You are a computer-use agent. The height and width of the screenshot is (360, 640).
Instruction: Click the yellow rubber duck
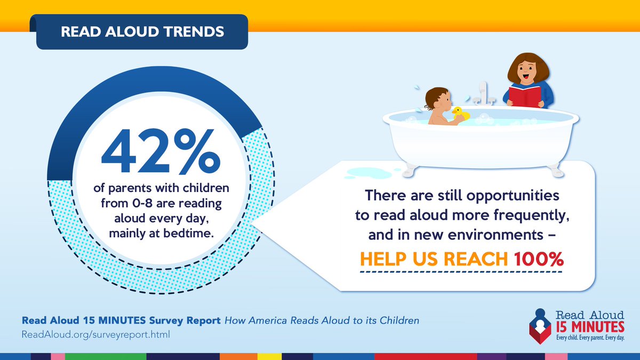tap(460, 114)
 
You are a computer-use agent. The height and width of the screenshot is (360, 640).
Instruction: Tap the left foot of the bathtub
tap(409, 169)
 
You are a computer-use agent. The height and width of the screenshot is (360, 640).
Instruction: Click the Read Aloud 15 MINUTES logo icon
tap(540, 325)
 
